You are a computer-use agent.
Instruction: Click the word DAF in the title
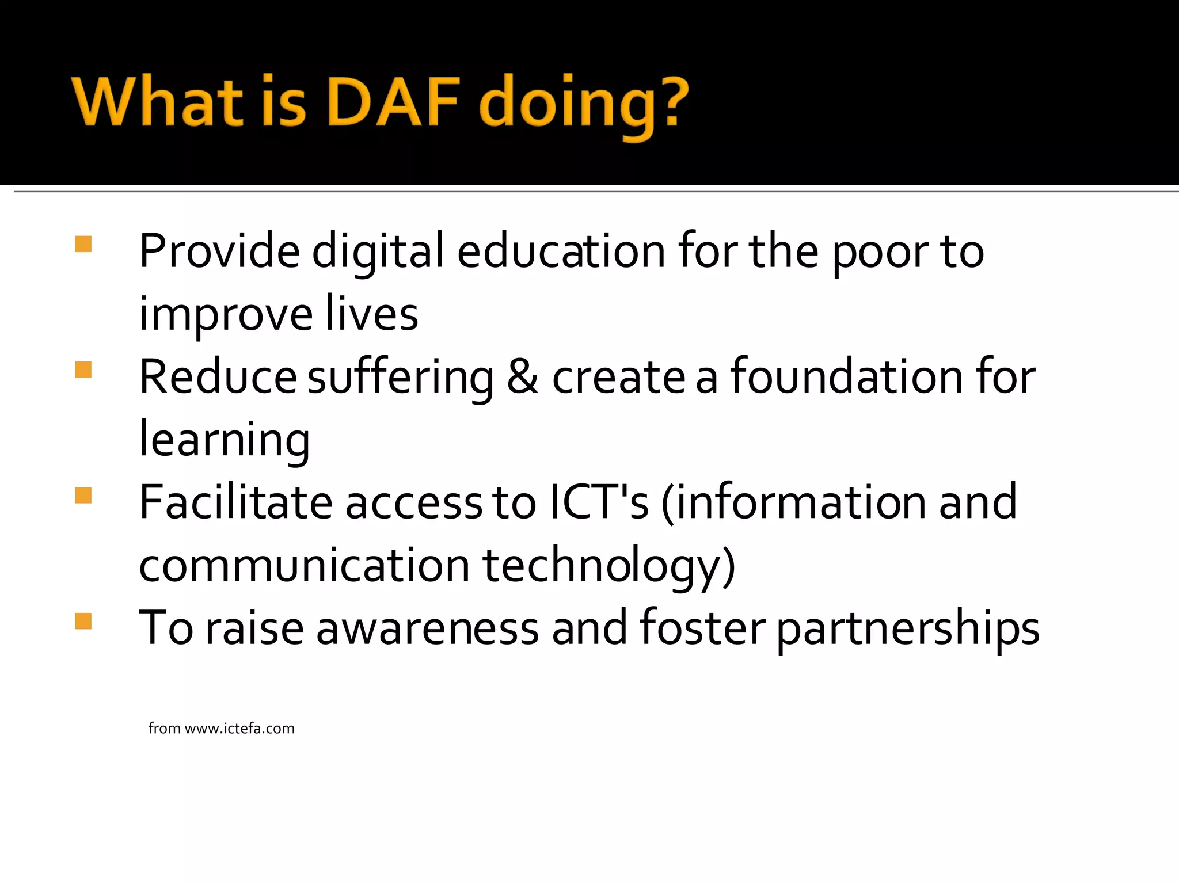pyautogui.click(x=394, y=102)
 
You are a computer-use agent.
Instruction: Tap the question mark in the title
pyautogui.click(x=671, y=102)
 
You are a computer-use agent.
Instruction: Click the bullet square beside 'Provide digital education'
pyautogui.click(x=83, y=244)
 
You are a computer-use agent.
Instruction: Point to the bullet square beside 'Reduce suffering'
pyautogui.click(x=83, y=369)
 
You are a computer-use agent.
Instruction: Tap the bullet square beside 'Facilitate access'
pyautogui.click(x=83, y=495)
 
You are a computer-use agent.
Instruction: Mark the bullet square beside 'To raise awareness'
pyautogui.click(x=83, y=621)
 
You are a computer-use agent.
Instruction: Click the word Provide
pyautogui.click(x=219, y=251)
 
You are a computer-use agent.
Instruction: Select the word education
pyautogui.click(x=561, y=251)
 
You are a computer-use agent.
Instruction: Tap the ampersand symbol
pyautogui.click(x=522, y=376)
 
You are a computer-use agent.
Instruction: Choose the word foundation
pyautogui.click(x=847, y=376)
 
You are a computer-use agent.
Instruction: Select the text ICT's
pyautogui.click(x=599, y=502)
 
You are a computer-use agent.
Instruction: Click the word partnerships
pyautogui.click(x=908, y=628)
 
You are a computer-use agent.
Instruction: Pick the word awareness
pyautogui.click(x=428, y=628)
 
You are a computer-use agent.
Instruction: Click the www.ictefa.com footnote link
pyautogui.click(x=239, y=729)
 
